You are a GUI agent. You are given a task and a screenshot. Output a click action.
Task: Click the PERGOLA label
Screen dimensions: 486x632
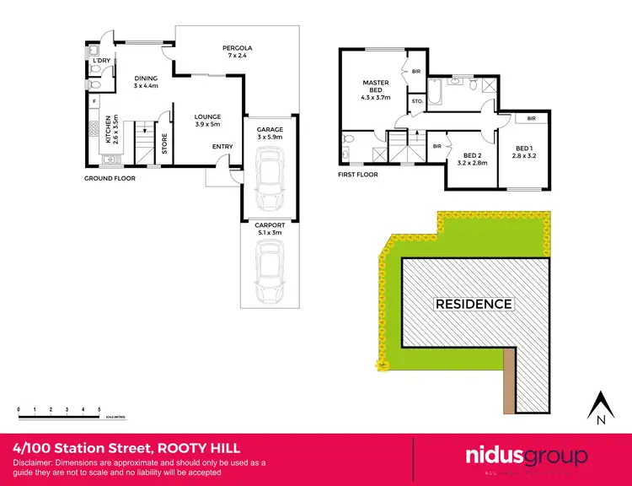tap(238, 48)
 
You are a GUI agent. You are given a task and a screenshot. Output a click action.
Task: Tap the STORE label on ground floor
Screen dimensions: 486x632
tap(164, 144)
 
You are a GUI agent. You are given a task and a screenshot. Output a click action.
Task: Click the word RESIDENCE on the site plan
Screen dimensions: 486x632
tap(473, 304)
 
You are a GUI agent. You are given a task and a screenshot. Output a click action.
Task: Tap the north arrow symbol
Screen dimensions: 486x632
tap(601, 408)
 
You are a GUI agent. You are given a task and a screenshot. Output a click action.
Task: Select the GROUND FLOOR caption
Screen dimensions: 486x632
tap(110, 179)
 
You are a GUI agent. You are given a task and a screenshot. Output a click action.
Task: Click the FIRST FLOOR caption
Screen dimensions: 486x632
tap(358, 175)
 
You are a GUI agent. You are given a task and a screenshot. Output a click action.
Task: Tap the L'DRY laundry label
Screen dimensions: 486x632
tap(102, 61)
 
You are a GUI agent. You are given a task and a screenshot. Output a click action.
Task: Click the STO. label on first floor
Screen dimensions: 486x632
tap(416, 101)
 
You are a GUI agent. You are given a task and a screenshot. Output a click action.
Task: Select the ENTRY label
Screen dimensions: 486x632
tap(222, 147)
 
